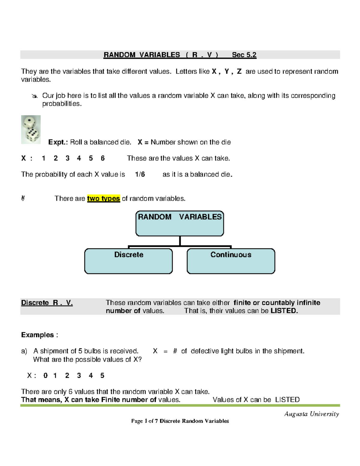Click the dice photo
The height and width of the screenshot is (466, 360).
[x=31, y=130]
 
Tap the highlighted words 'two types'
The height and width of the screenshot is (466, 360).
[x=103, y=199]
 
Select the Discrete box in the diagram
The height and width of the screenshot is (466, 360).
[x=128, y=261]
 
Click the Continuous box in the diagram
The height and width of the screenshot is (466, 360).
[x=231, y=261]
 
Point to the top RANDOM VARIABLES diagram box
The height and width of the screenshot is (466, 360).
[x=179, y=223]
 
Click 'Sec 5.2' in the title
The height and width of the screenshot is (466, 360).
[x=244, y=55]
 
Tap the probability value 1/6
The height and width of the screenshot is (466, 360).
[x=140, y=174]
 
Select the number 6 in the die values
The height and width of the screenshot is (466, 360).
[x=103, y=158]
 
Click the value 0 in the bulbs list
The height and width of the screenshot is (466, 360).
[x=45, y=376]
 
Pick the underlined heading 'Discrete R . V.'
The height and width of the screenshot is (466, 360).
[x=47, y=303]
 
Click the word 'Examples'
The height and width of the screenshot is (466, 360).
[x=37, y=335]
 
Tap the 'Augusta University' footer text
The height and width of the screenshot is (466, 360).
[x=311, y=414]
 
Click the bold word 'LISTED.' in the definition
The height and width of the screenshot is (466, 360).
[x=284, y=311]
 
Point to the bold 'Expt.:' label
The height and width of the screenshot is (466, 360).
[x=58, y=142]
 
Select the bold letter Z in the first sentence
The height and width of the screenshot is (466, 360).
[x=239, y=71]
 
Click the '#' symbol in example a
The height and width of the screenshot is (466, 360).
[x=175, y=351]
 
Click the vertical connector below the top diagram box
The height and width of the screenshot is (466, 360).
[x=180, y=241]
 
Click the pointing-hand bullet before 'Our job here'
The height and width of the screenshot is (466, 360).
[x=34, y=96]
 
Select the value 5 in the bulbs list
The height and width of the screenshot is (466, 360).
[x=102, y=376]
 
